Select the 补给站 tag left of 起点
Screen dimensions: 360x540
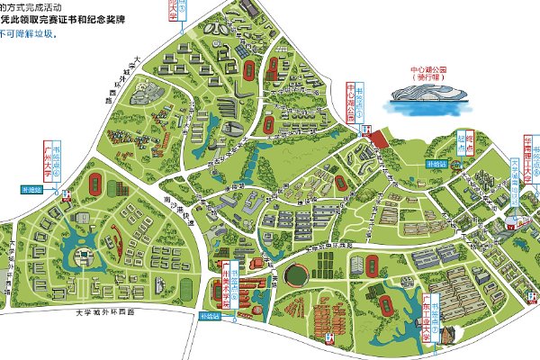tap(436, 165)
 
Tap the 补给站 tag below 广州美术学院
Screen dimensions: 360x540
tap(210, 316)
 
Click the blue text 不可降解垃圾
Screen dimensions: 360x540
tap(28, 35)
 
